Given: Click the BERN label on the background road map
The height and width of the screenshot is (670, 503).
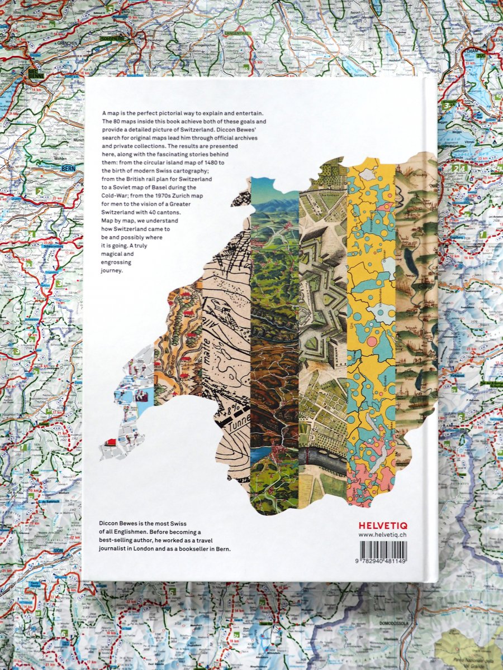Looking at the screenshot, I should click(68, 168).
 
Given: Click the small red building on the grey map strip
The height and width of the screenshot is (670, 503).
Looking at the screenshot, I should click(111, 442).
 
